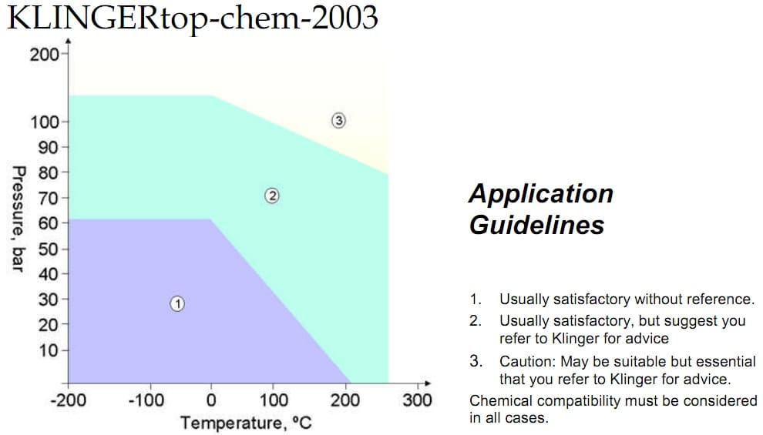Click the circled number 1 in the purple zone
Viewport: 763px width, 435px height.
[x=176, y=303]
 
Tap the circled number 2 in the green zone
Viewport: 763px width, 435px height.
[x=271, y=196]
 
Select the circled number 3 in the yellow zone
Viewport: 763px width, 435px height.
[x=338, y=120]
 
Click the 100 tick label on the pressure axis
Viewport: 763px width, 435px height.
[x=43, y=122]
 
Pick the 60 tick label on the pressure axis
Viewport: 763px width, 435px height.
[x=48, y=223]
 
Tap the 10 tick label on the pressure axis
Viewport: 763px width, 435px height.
[x=48, y=350]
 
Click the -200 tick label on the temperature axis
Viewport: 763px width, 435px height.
[x=67, y=400]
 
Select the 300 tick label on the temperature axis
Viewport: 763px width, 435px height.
[x=418, y=400]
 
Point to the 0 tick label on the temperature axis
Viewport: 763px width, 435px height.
[x=211, y=400]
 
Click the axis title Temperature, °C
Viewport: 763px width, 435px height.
[x=245, y=423]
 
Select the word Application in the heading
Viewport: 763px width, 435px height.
[x=540, y=192]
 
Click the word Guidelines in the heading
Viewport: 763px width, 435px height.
[x=536, y=225]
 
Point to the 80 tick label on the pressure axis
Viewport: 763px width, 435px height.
[x=48, y=172]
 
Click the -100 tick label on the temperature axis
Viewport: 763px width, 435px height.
[x=146, y=400]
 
